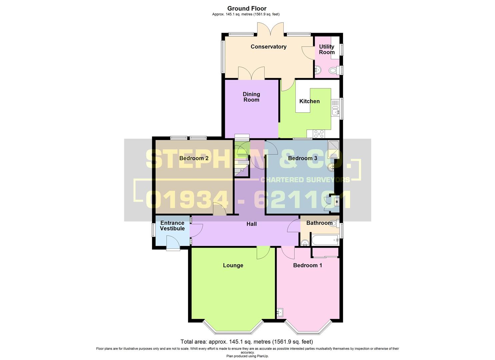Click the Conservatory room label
pyautogui.click(x=268, y=47)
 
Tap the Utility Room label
pyautogui.click(x=327, y=49)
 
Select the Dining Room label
pyautogui.click(x=251, y=97)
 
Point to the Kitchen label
pyautogui.click(x=309, y=101)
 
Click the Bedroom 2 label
pyautogui.click(x=194, y=158)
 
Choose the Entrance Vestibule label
pyautogui.click(x=172, y=226)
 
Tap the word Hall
pyautogui.click(x=251, y=224)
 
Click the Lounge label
pyautogui.click(x=233, y=265)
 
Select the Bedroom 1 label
pyautogui.click(x=307, y=265)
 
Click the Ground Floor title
pyautogui.click(x=247, y=9)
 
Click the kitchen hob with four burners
pyautogui.click(x=319, y=134)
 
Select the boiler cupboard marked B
pyautogui.click(x=337, y=202)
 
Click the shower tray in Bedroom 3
pyautogui.click(x=333, y=149)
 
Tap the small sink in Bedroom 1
pyautogui.click(x=280, y=312)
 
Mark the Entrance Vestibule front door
pyautogui.click(x=173, y=242)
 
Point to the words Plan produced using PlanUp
pyautogui.click(x=247, y=356)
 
